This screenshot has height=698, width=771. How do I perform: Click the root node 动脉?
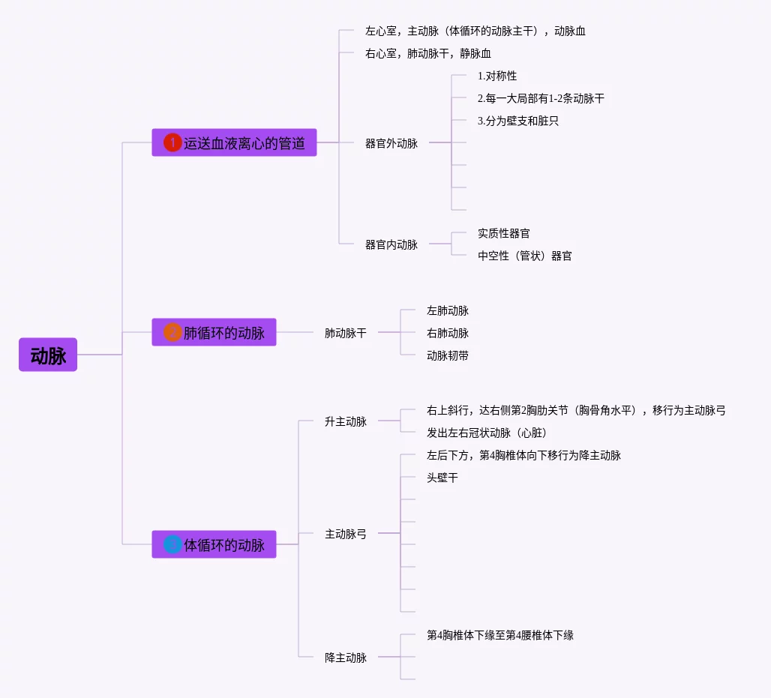pyautogui.click(x=48, y=355)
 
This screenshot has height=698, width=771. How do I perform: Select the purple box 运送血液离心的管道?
pyautogui.click(x=234, y=142)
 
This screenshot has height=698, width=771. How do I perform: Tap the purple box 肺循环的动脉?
pyautogui.click(x=214, y=332)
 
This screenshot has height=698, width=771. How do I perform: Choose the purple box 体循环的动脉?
pyautogui.click(x=214, y=544)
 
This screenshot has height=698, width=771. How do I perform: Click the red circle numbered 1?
pyautogui.click(x=172, y=142)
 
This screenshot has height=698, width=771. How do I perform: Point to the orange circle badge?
pyautogui.click(x=172, y=332)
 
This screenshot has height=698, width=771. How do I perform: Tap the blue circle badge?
pyautogui.click(x=172, y=544)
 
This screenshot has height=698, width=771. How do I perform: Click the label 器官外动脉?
pyautogui.click(x=391, y=143)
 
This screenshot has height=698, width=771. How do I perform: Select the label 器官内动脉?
pyautogui.click(x=391, y=244)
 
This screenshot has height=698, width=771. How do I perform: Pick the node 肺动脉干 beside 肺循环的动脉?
pyautogui.click(x=346, y=333)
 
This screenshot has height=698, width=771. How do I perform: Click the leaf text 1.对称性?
pyautogui.click(x=497, y=76)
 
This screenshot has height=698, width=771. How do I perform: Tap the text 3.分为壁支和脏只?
pyautogui.click(x=518, y=121)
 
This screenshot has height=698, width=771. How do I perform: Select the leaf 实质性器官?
pyautogui.click(x=504, y=233)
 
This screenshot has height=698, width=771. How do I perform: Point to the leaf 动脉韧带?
pyautogui.click(x=448, y=355)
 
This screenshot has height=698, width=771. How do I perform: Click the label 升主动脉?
pyautogui.click(x=346, y=421)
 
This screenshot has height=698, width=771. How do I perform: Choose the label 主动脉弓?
pyautogui.click(x=346, y=534)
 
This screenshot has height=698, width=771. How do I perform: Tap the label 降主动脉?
pyautogui.click(x=346, y=658)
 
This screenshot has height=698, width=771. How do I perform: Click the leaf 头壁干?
pyautogui.click(x=442, y=478)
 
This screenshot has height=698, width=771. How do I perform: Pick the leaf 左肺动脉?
pyautogui.click(x=448, y=310)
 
